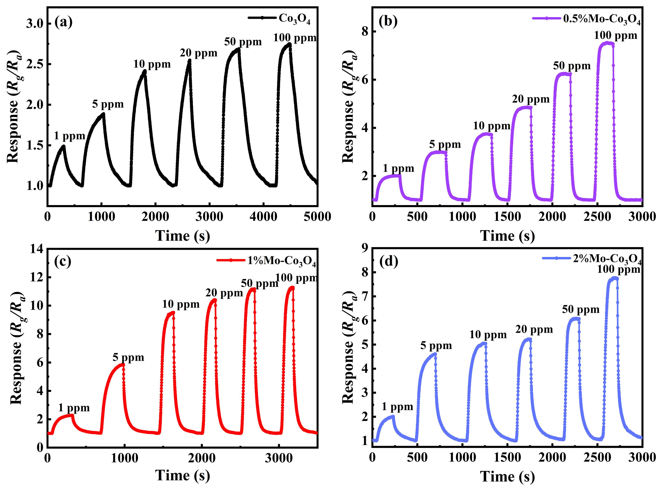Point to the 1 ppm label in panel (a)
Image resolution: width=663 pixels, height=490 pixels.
69,136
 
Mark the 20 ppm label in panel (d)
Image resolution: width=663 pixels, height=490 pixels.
534,330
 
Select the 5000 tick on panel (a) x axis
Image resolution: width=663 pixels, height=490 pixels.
317,217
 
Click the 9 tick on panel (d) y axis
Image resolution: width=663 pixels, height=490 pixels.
364,248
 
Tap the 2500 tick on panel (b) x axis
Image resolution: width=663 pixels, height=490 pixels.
597,217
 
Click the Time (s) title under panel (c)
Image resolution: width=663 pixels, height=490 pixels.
182,475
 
